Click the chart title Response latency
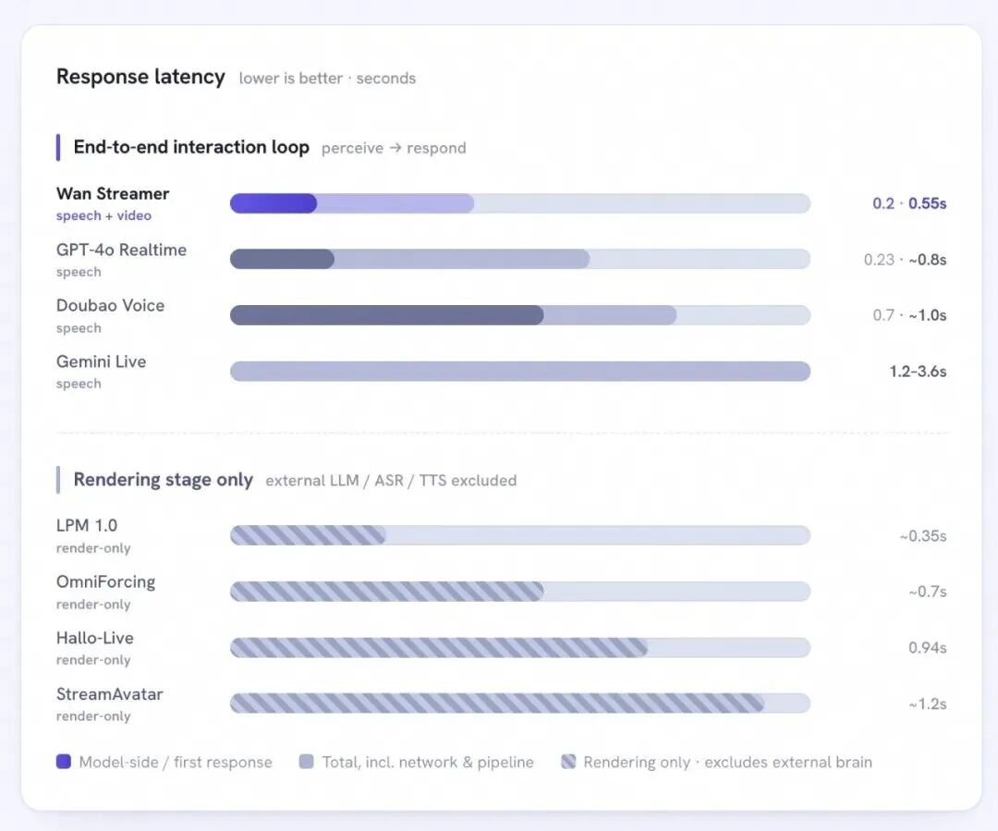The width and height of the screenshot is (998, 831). click(140, 77)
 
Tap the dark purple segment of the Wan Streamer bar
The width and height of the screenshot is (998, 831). click(273, 203)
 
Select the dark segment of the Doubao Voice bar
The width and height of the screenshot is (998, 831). click(386, 315)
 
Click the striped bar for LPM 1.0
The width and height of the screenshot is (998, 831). click(308, 535)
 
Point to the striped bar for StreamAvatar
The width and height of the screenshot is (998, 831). click(496, 703)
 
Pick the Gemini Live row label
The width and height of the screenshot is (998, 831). click(102, 361)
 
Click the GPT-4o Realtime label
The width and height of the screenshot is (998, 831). click(122, 250)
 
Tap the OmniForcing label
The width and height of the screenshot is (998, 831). click(105, 582)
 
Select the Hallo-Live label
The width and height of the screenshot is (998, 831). click(95, 638)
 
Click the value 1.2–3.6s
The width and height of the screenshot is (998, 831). click(918, 372)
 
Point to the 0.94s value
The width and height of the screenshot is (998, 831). click(928, 648)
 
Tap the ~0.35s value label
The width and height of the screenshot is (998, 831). click(923, 536)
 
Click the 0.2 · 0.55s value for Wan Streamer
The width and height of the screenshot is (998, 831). click(909, 203)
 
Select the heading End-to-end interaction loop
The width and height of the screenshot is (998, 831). click(191, 147)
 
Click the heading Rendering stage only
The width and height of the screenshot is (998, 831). click(164, 480)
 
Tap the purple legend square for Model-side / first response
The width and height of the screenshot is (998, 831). click(64, 762)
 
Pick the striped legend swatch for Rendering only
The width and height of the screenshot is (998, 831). click(568, 762)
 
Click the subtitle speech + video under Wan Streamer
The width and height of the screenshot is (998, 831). click(103, 216)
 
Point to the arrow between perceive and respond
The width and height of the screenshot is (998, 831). click(396, 148)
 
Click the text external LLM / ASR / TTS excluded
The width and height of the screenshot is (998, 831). click(391, 480)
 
